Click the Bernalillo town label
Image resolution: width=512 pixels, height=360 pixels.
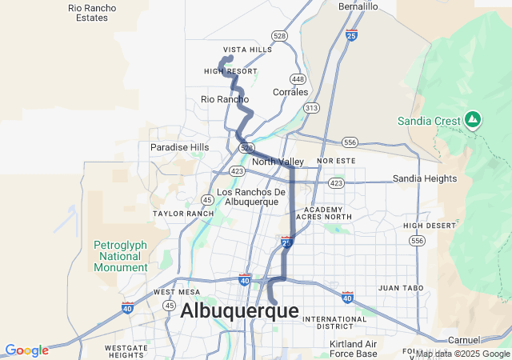(x=358, y=6)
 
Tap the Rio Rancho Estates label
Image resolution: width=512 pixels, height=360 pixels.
(x=92, y=12)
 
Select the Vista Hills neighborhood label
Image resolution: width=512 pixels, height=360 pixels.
(x=247, y=50)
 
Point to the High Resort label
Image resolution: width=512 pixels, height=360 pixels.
(x=230, y=71)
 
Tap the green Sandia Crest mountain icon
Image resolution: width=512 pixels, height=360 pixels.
(x=473, y=121)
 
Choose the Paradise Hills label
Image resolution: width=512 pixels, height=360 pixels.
(x=179, y=147)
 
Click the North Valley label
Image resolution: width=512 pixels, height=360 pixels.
(x=278, y=162)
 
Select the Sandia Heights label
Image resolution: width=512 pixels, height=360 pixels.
(x=424, y=178)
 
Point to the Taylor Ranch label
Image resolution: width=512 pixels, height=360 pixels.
(x=183, y=214)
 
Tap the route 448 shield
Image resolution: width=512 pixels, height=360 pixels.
(x=298, y=79)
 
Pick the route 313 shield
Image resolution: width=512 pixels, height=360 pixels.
(x=311, y=107)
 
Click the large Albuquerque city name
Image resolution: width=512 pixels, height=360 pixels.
(x=239, y=311)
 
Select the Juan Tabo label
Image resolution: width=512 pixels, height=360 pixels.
(x=399, y=287)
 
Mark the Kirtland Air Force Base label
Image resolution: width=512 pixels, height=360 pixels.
(x=353, y=349)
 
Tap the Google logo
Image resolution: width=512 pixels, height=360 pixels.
(x=26, y=350)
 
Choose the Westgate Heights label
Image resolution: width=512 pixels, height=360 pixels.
(x=125, y=351)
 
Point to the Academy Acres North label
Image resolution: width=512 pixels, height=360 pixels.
(x=323, y=213)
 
